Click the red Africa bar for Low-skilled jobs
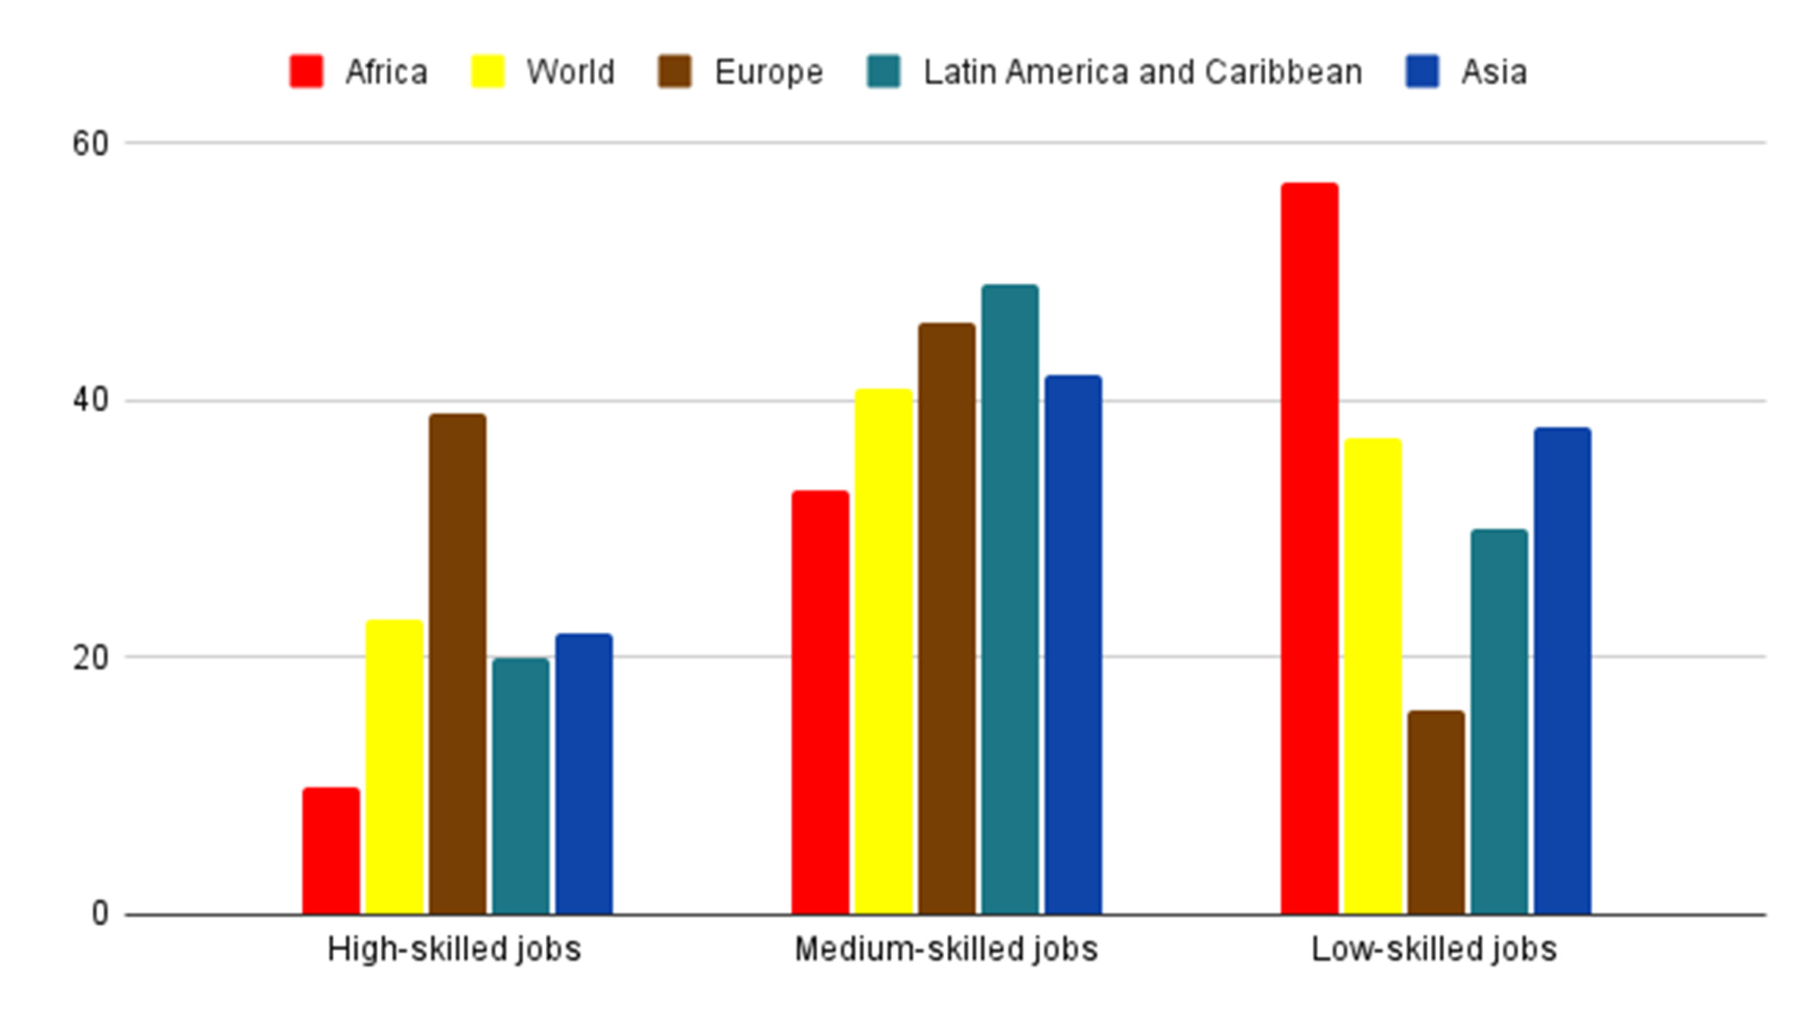1309,549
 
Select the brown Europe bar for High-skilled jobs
457,664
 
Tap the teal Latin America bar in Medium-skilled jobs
1010,600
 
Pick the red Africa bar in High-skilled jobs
331,851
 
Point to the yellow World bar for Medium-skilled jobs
884,651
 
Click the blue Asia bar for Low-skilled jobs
1563,671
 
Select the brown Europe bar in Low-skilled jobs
1436,812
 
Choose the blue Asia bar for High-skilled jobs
584,774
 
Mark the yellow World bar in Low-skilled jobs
1373,676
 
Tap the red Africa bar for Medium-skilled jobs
820,703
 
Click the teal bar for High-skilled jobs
521,786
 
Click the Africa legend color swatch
306,72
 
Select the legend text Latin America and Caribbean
1142,73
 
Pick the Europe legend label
768,73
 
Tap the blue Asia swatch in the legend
1422,72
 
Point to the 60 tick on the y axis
90,143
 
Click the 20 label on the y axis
90,658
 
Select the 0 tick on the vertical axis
99,915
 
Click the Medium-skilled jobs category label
946,949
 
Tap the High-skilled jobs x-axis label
454,949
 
